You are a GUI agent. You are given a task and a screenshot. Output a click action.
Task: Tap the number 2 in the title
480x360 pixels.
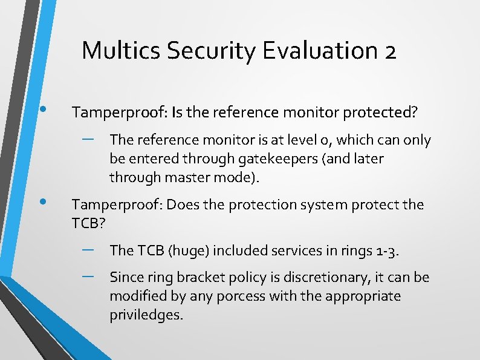coord(389,50)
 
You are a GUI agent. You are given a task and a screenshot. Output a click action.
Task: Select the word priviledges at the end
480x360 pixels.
coord(145,315)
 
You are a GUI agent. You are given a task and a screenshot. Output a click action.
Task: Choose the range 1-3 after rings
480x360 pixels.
coord(385,250)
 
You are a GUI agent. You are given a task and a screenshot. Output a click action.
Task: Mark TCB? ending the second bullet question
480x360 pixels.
coord(89,223)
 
